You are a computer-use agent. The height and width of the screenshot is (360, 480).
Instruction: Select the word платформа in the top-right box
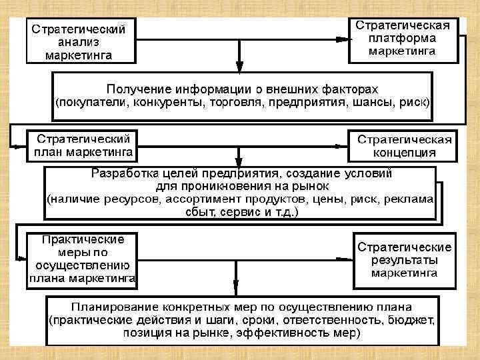click(404, 38)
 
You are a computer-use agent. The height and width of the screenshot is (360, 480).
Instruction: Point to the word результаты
click(404, 260)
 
